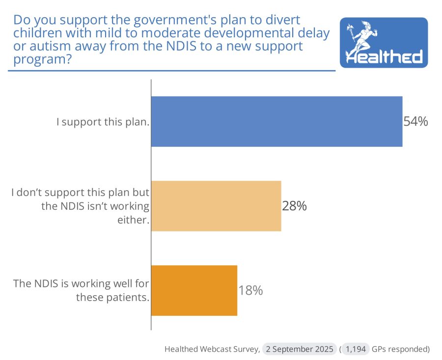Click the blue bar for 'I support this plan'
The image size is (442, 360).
pyautogui.click(x=276, y=121)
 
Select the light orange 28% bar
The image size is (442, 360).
pyautogui.click(x=216, y=206)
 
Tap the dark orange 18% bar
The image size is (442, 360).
pyautogui.click(x=194, y=290)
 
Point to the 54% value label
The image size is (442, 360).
pyautogui.click(x=415, y=121)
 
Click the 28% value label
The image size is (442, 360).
pyautogui.click(x=294, y=206)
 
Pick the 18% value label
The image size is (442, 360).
pyautogui.click(x=250, y=291)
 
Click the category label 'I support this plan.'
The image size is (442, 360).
pyautogui.click(x=103, y=122)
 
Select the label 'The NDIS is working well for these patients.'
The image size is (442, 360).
pyautogui.click(x=81, y=290)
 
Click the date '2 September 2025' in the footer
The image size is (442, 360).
pyautogui.click(x=299, y=349)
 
